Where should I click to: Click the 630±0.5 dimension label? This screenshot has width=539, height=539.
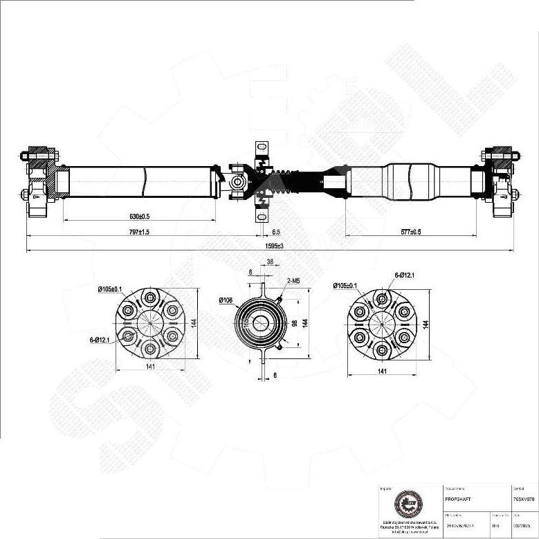(138, 217)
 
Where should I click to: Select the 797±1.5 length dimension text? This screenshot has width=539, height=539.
(138, 232)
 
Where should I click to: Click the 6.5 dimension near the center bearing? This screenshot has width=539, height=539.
(276, 232)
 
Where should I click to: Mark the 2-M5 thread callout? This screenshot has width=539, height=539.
(293, 281)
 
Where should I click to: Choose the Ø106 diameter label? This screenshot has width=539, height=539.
(226, 300)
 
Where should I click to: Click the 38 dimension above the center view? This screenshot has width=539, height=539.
(271, 262)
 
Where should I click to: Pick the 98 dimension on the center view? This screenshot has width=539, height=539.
(294, 323)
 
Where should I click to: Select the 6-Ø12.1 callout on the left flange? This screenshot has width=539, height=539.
(100, 339)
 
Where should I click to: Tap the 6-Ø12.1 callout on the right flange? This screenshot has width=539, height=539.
(405, 275)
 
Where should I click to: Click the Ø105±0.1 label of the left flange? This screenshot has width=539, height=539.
(110, 289)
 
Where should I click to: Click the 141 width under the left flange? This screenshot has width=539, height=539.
(149, 367)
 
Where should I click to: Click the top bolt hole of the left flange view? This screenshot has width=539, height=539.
(150, 298)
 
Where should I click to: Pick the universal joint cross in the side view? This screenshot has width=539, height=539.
(237, 182)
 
